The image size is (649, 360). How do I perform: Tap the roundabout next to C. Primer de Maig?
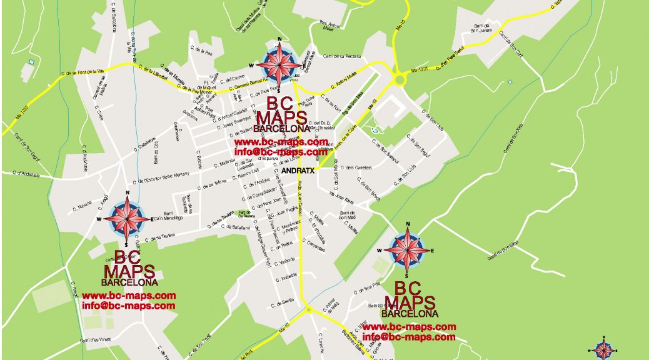[308, 309]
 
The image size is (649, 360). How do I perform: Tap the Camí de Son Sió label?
[504, 249]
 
